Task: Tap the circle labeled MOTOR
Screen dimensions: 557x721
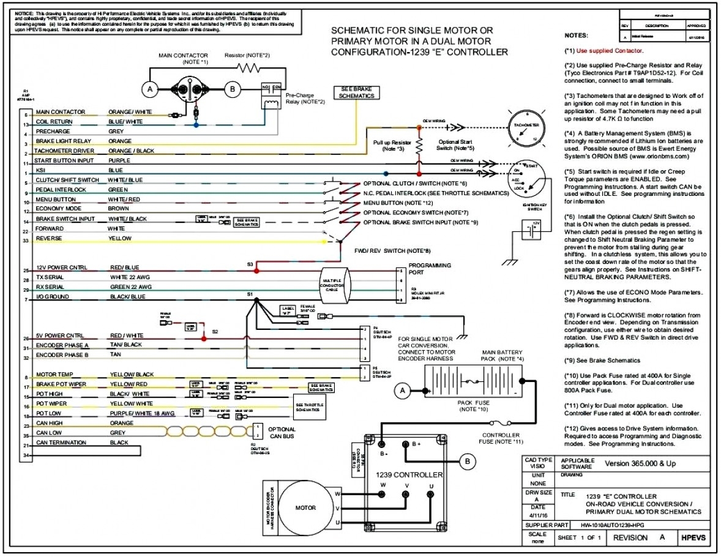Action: (x=306, y=507)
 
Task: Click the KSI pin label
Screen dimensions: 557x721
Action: (x=40, y=170)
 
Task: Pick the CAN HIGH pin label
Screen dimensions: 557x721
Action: (x=48, y=423)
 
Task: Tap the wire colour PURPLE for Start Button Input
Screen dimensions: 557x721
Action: (x=119, y=160)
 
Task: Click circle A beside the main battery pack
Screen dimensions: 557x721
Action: (x=403, y=389)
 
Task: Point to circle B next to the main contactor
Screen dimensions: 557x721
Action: (x=232, y=89)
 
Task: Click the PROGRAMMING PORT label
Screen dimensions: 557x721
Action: (x=430, y=269)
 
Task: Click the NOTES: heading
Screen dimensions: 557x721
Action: (x=576, y=36)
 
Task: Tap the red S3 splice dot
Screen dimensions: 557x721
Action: (x=257, y=269)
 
